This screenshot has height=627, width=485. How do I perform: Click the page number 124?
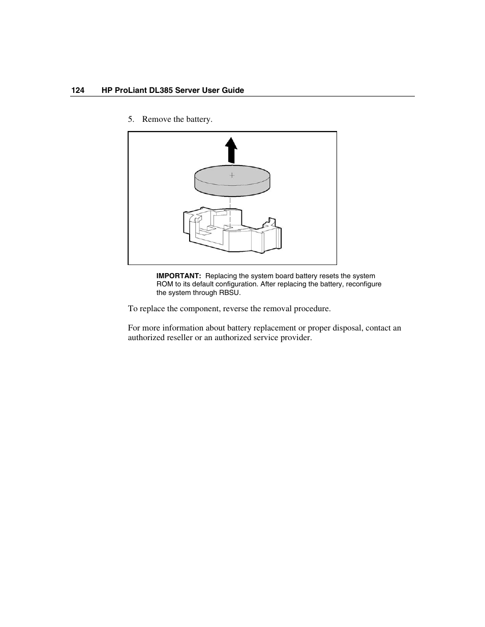(x=78, y=90)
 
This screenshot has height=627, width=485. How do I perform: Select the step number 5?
(x=131, y=119)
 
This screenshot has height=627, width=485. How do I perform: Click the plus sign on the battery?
(x=232, y=175)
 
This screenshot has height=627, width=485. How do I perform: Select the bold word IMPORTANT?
(x=178, y=276)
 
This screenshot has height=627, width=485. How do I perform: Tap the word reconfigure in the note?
(x=363, y=284)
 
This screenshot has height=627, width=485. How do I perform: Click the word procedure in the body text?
(x=311, y=309)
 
